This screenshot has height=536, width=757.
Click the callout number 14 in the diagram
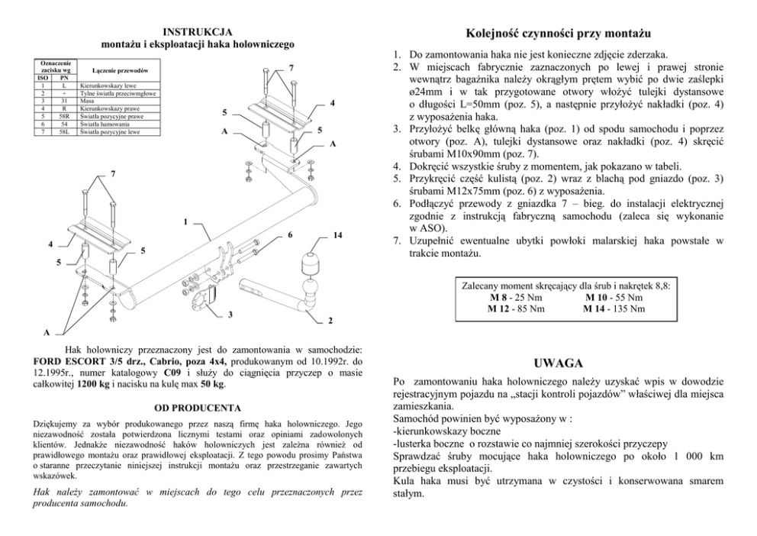pyautogui.click(x=337, y=236)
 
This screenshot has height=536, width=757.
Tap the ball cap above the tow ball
pyautogui.click(x=312, y=262)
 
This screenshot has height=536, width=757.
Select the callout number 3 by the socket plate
pyautogui.click(x=229, y=315)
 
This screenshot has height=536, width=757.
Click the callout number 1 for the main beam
pyautogui.click(x=185, y=222)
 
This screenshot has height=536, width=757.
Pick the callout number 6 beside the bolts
pyautogui.click(x=291, y=236)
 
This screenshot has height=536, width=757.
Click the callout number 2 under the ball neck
pyautogui.click(x=330, y=318)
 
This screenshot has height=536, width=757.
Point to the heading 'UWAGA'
pyautogui.click(x=559, y=362)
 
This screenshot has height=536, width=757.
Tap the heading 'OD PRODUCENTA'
pyautogui.click(x=198, y=408)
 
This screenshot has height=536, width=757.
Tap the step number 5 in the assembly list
pyautogui.click(x=397, y=178)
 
